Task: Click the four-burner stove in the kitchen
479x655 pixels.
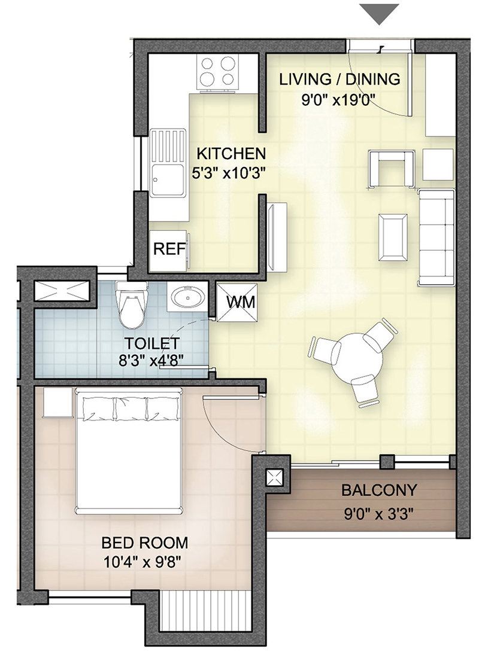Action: tap(218, 72)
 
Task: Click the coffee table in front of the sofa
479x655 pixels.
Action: tap(393, 236)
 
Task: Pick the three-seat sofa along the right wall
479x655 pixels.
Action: tap(436, 236)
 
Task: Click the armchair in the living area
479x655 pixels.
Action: tap(391, 169)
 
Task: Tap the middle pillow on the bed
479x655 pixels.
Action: tap(131, 409)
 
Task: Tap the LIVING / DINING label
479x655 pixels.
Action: tap(339, 79)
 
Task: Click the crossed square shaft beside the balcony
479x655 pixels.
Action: tap(274, 477)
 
